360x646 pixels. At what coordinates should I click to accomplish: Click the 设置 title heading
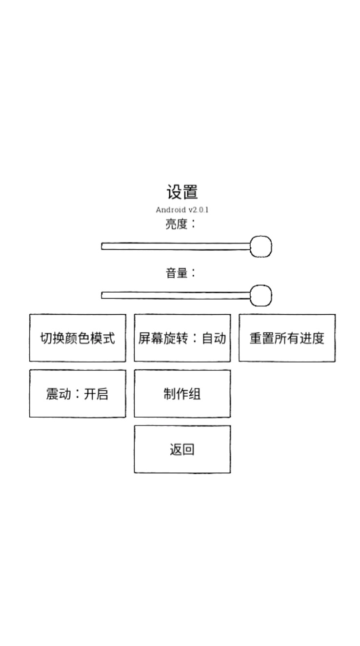coord(182,192)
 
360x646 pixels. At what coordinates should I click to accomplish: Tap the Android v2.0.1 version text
coord(182,210)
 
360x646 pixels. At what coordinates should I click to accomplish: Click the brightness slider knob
coord(261,246)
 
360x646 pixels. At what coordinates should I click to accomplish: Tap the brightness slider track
coord(176,246)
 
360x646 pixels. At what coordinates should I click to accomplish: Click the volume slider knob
coord(261,295)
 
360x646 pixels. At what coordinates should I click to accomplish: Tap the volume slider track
coord(176,295)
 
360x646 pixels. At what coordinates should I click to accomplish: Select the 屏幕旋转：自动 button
coord(182,338)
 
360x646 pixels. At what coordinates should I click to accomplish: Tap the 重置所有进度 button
coord(287,338)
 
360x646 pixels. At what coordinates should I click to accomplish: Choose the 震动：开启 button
coord(78,393)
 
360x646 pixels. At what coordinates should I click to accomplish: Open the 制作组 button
coord(182,393)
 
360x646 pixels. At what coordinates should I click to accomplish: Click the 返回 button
coord(182,449)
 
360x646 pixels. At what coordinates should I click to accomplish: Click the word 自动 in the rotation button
coord(214,338)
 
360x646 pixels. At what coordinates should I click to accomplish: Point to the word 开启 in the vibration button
coord(96,394)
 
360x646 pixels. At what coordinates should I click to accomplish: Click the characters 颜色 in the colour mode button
coord(78,338)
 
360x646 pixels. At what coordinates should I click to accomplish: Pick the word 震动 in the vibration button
coord(59,394)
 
